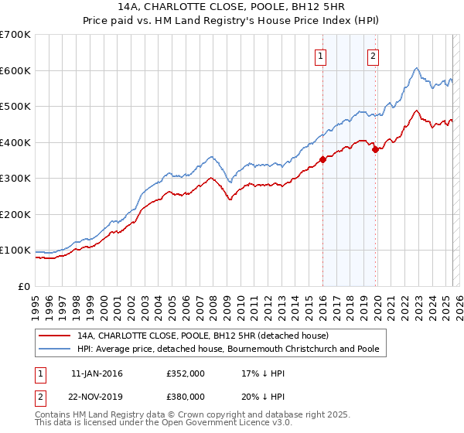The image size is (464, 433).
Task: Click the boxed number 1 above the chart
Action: [x=320, y=55]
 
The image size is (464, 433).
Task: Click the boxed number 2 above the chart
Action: [x=373, y=55]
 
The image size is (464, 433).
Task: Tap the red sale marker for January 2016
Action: [x=322, y=161]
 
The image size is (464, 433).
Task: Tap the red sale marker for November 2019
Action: [x=375, y=150]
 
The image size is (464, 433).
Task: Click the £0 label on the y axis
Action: [x=23, y=286]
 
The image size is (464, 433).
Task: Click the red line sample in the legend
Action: [x=55, y=336]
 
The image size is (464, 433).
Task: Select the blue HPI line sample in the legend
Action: [x=55, y=349]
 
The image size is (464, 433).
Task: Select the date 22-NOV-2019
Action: [x=97, y=396]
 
